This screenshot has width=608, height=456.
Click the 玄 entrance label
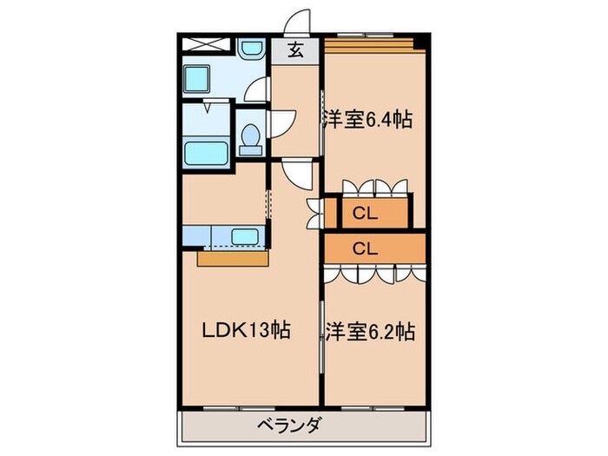point(296,51)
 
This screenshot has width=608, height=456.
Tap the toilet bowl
point(251,137)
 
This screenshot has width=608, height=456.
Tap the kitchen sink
point(245,236)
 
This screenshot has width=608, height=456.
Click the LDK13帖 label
point(246,331)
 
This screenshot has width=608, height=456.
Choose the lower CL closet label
point(364,248)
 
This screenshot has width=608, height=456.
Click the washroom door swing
point(257,87)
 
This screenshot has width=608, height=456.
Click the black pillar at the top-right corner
point(420,40)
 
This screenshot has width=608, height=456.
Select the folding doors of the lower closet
point(373,274)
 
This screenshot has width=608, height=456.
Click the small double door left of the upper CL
point(314,212)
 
